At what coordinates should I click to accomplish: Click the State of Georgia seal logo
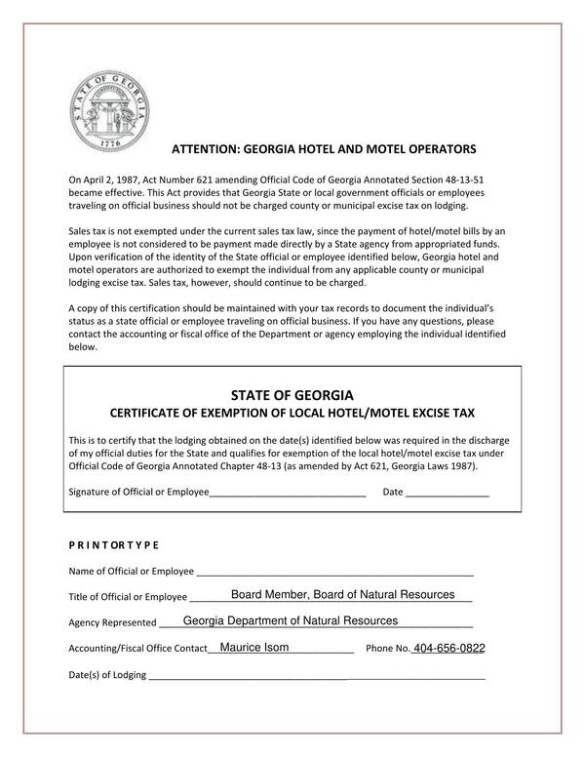click(108, 107)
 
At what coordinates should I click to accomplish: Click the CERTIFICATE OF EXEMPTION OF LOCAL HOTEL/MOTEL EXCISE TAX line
click(292, 414)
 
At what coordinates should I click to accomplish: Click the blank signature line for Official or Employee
click(288, 493)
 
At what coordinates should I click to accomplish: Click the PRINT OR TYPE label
click(113, 544)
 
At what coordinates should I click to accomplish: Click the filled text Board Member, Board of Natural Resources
click(336, 595)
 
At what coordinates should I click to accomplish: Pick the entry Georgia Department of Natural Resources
click(290, 620)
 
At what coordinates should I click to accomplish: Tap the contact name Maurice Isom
click(253, 647)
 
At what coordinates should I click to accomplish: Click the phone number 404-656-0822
click(448, 649)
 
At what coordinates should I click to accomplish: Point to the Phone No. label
click(387, 649)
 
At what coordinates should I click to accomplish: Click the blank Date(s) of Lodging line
click(316, 675)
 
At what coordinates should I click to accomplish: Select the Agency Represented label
click(112, 622)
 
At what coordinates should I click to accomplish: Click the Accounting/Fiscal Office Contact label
click(137, 649)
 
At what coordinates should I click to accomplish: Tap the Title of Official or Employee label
click(128, 597)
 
